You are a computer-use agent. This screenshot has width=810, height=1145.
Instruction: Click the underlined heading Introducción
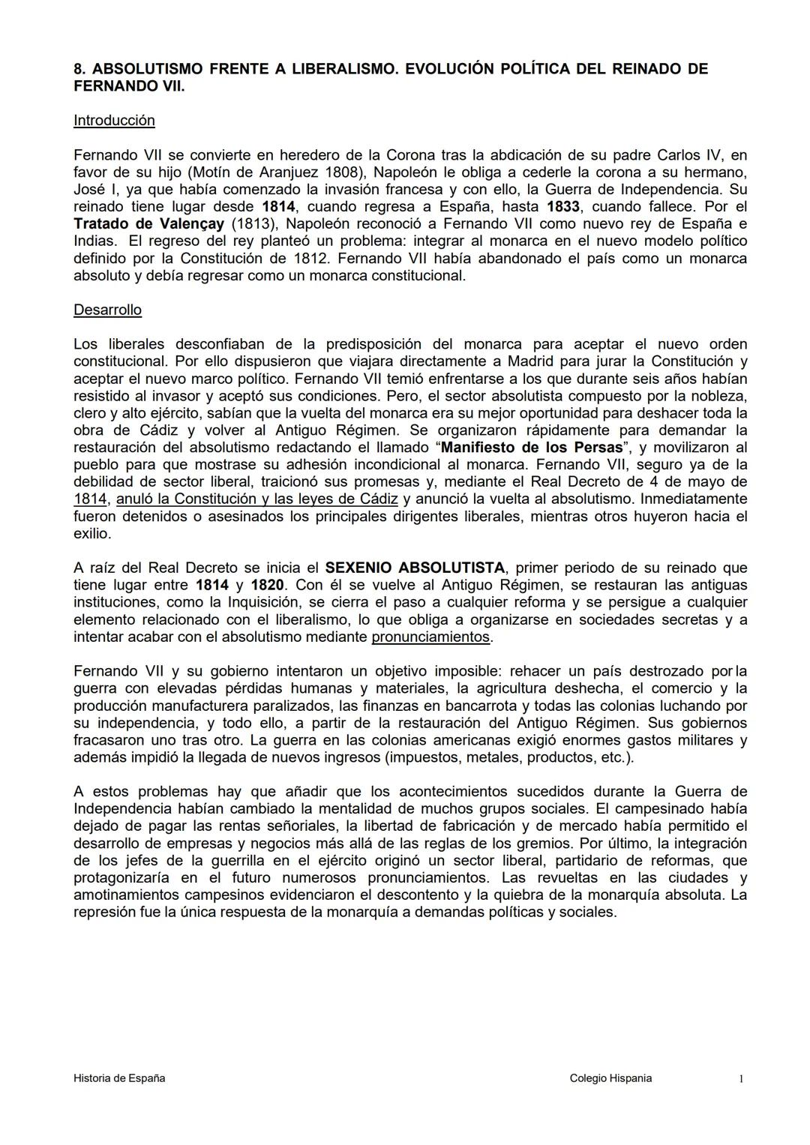click(x=114, y=121)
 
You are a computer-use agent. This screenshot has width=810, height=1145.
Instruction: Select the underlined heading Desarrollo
click(x=107, y=310)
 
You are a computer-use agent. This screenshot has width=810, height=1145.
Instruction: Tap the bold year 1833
click(x=562, y=207)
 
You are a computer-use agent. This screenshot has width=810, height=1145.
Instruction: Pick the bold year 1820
click(x=267, y=586)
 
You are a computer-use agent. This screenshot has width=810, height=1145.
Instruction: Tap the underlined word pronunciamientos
click(x=430, y=637)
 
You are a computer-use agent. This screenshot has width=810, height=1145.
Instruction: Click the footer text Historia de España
click(x=119, y=1078)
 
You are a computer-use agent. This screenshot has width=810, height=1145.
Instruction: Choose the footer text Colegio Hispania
click(x=610, y=1078)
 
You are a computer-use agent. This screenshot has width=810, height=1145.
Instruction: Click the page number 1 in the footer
click(x=741, y=1079)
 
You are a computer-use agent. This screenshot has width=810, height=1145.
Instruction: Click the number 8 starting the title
click(x=78, y=69)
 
